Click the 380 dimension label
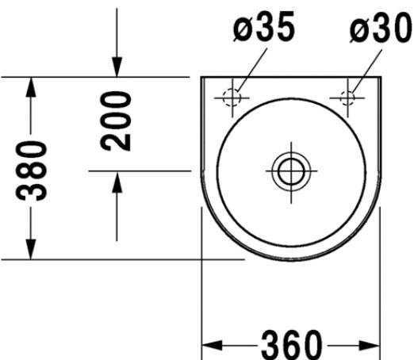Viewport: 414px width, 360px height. click(x=31, y=170)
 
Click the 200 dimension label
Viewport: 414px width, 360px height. click(x=116, y=121)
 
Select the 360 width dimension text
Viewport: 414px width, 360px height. click(x=292, y=345)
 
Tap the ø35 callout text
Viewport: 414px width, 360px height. click(x=264, y=27)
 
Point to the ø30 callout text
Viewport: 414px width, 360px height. click(x=381, y=28)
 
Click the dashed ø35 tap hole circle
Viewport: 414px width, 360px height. click(x=232, y=98)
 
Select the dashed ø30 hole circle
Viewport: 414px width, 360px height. click(x=347, y=98)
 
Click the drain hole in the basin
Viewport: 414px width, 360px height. click(x=291, y=171)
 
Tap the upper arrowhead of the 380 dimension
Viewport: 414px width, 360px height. click(x=31, y=87)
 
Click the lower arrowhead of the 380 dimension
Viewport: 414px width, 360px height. click(x=31, y=249)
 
